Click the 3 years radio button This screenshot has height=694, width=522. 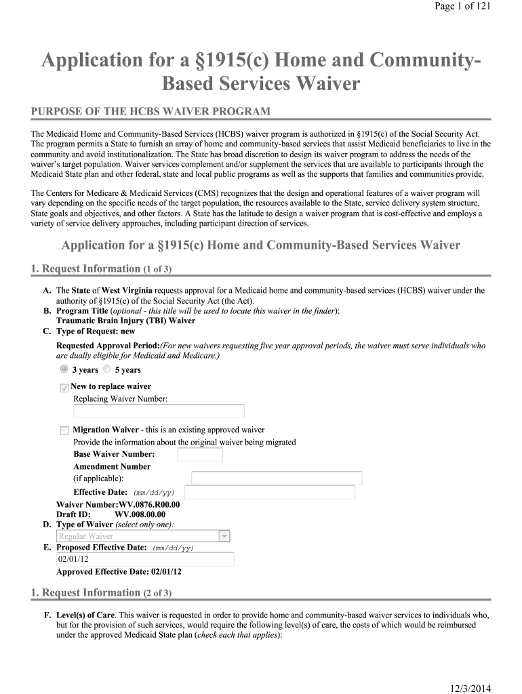[x=64, y=369]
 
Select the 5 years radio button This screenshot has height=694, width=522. [x=107, y=369]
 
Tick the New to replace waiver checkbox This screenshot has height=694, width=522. [x=64, y=388]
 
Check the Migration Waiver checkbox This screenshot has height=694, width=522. [x=64, y=430]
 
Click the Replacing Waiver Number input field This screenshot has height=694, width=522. [x=159, y=411]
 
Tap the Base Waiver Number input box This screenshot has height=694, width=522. [x=199, y=454]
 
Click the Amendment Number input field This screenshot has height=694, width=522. [x=277, y=478]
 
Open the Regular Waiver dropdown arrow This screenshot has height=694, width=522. [x=224, y=536]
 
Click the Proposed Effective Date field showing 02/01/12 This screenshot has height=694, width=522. [x=145, y=559]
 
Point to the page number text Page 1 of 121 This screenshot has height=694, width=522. [x=462, y=6]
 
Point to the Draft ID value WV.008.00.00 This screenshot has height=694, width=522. [x=140, y=514]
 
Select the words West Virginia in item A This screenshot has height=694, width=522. [x=127, y=291]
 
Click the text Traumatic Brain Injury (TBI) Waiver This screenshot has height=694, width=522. [x=125, y=321]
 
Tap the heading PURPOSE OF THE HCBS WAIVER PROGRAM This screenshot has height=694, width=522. [x=150, y=111]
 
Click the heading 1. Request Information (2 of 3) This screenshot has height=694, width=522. [x=101, y=593]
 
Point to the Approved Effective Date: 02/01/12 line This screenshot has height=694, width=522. [x=119, y=571]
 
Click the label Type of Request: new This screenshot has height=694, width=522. [x=96, y=331]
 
